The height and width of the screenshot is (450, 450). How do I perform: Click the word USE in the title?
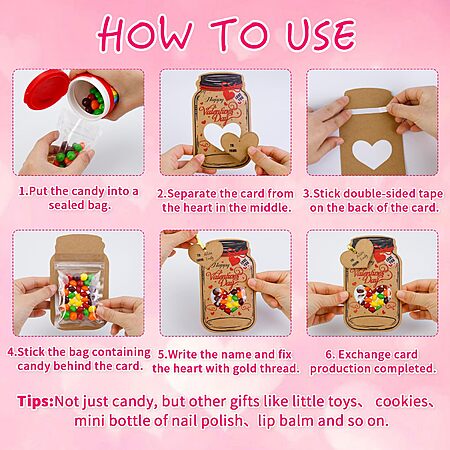(321, 34)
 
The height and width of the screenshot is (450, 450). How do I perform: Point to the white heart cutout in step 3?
(372, 153)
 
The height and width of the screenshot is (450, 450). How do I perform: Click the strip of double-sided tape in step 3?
(368, 110)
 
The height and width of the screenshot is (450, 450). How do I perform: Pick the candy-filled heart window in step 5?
(228, 300)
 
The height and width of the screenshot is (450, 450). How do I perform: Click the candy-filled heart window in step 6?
(373, 298)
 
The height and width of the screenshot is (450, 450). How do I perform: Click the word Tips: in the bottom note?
(35, 401)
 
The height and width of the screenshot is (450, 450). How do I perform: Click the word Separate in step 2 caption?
(192, 194)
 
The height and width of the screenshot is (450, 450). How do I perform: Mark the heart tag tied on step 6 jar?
(357, 254)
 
